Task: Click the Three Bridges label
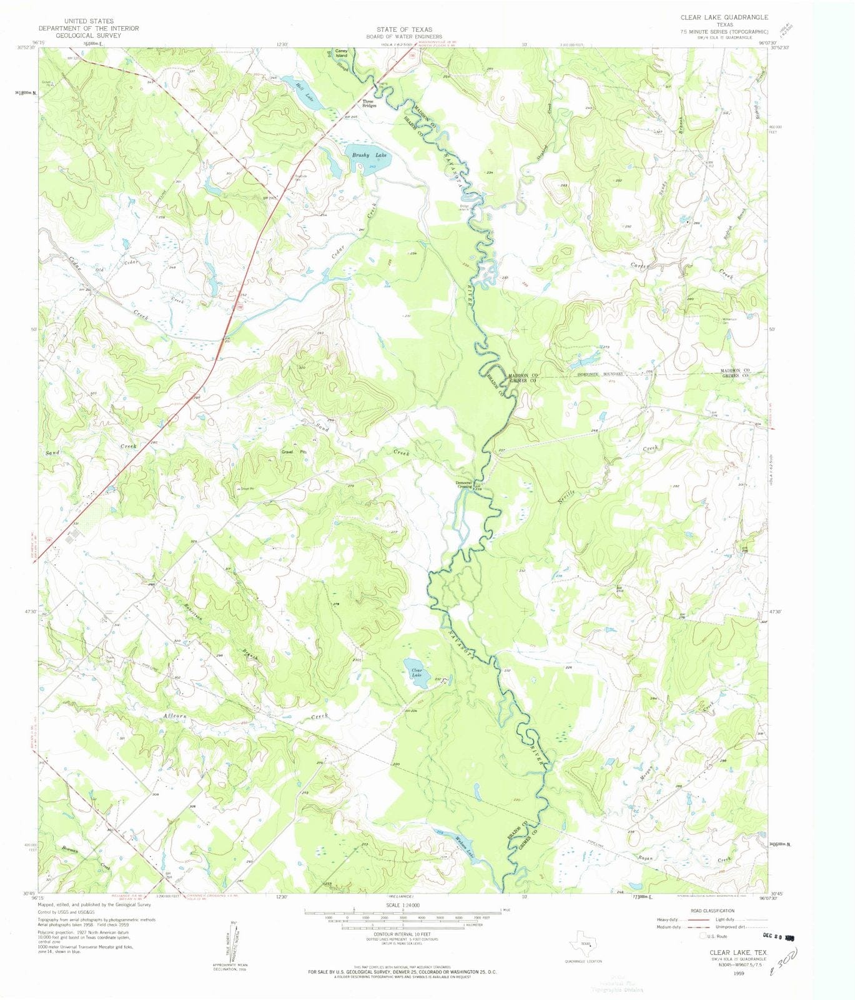coord(369,104)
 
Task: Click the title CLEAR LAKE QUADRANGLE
coord(724,17)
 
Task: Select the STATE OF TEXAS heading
coord(403,29)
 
